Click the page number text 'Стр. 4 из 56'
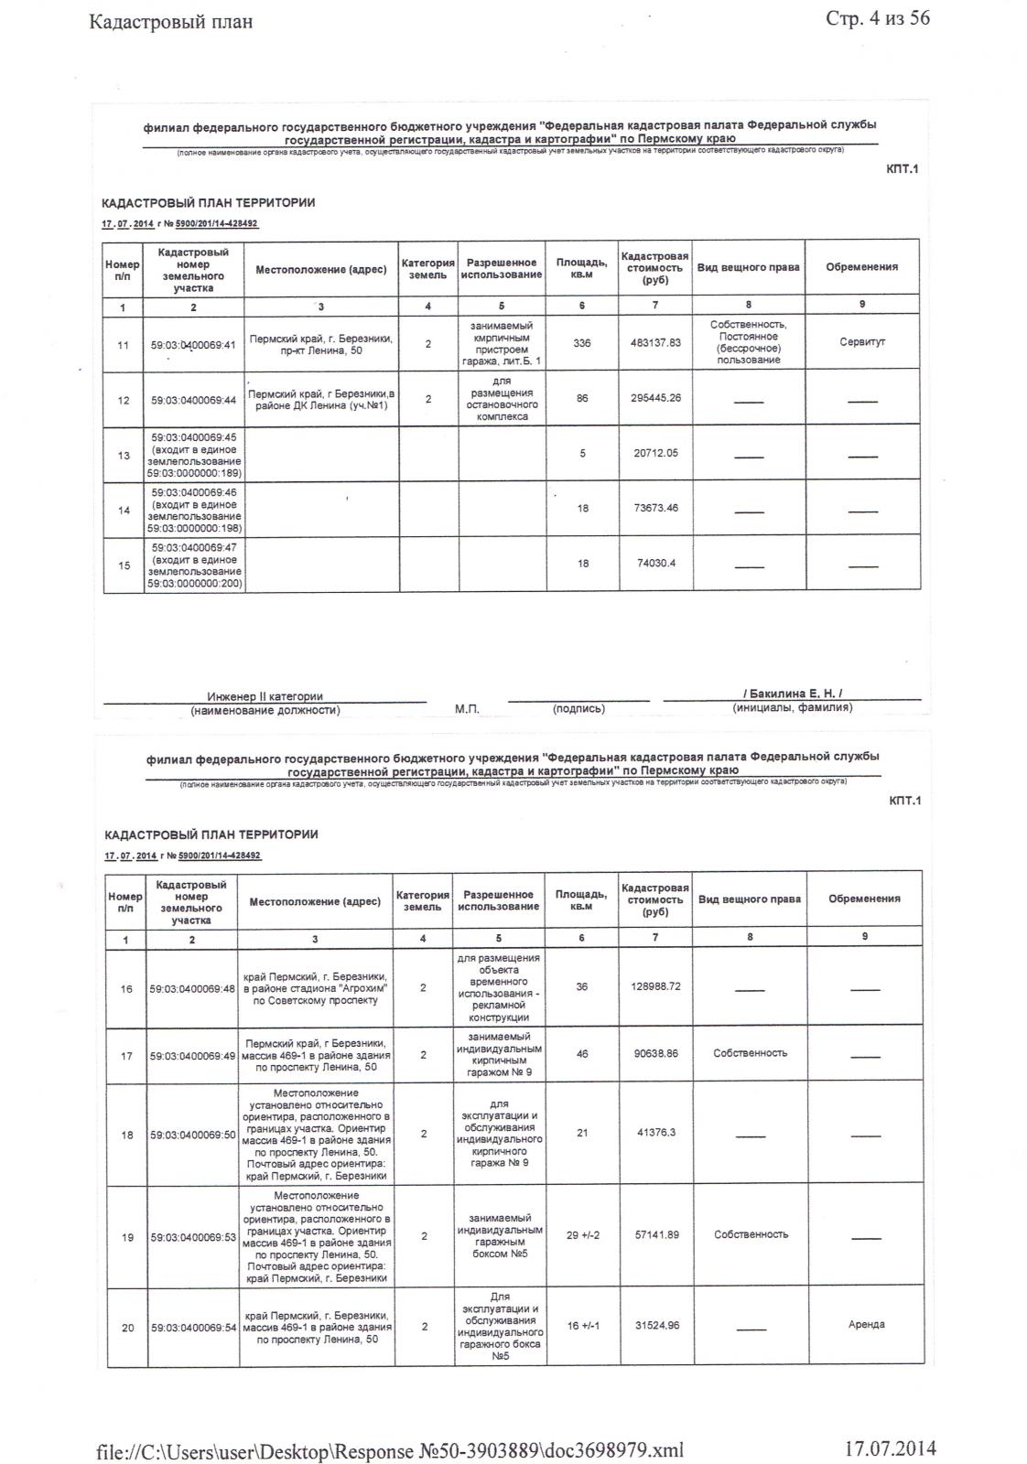click(x=877, y=18)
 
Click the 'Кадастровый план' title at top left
click(x=170, y=21)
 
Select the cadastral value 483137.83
click(x=656, y=343)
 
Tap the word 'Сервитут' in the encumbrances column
click(x=862, y=342)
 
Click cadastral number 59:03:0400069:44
click(x=193, y=400)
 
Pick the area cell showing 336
click(x=582, y=343)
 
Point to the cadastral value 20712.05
click(x=656, y=453)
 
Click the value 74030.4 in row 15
click(x=656, y=564)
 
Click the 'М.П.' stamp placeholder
click(x=467, y=709)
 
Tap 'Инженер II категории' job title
click(x=265, y=696)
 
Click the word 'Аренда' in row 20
click(x=866, y=1324)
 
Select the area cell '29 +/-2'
click(x=582, y=1235)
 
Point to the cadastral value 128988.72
click(x=656, y=986)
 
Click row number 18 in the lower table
click(x=127, y=1136)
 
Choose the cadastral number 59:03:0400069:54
click(x=192, y=1327)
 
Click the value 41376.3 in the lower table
click(x=656, y=1133)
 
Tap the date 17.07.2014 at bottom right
click(x=889, y=1448)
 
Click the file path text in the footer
click(x=390, y=1450)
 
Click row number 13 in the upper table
click(x=124, y=455)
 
